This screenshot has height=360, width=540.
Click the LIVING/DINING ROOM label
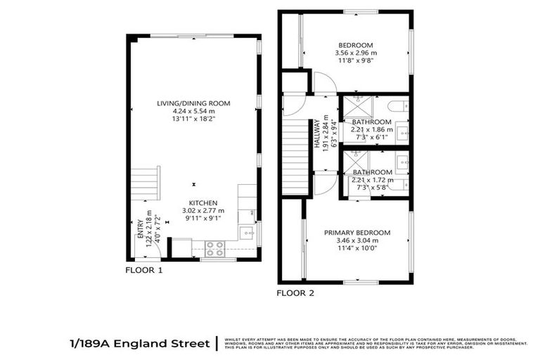click(x=193, y=103)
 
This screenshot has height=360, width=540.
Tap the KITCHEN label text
click(x=193, y=202)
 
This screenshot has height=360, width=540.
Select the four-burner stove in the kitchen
click(x=215, y=247)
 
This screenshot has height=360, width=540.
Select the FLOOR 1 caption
click(x=143, y=269)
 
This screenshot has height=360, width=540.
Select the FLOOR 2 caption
click(x=295, y=293)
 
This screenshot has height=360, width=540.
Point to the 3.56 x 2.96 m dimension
click(x=356, y=53)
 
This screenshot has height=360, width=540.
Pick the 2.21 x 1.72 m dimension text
click(x=372, y=180)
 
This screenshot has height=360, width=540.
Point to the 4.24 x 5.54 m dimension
click(x=193, y=111)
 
